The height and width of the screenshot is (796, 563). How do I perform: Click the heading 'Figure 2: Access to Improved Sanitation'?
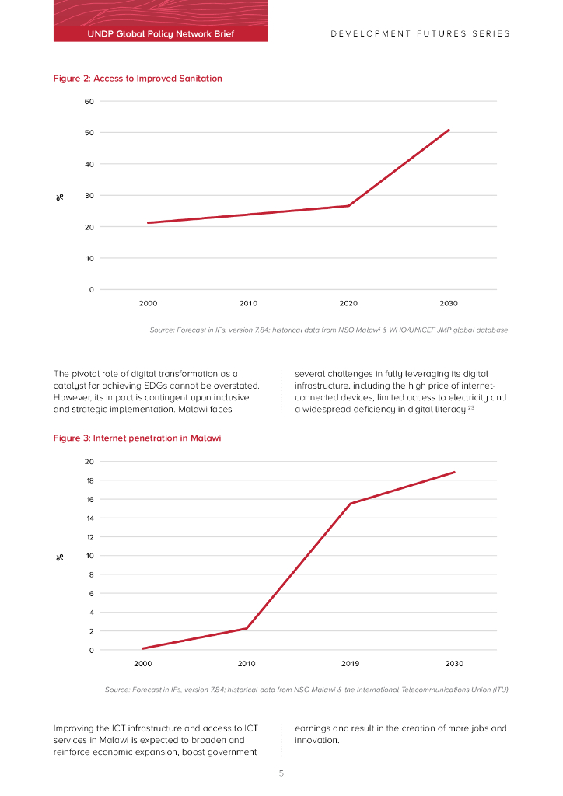(138, 79)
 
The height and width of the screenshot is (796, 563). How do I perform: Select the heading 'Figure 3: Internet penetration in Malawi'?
(137, 438)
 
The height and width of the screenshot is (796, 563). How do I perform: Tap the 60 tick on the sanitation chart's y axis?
(89, 102)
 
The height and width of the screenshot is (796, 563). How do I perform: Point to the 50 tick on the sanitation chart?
(89, 133)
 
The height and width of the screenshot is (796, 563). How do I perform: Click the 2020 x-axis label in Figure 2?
(348, 303)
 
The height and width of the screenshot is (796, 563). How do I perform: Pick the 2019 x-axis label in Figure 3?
(350, 664)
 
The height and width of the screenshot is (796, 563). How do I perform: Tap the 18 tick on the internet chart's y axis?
(89, 480)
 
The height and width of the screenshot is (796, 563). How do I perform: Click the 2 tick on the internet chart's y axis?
(91, 631)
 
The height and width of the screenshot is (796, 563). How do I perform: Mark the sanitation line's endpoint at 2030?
(449, 130)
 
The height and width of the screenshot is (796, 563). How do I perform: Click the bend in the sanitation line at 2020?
(348, 206)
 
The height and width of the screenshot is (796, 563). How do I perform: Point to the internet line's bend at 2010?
(247, 628)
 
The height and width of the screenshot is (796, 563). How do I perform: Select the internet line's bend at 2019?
(350, 504)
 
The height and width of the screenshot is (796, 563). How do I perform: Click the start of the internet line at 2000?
(143, 648)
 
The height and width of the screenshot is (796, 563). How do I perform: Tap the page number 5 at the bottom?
(281, 773)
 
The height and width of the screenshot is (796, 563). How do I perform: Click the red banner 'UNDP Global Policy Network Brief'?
(161, 34)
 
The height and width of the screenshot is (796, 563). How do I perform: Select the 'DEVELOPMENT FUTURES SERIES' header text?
(420, 34)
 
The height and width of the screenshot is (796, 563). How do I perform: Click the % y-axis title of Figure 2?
(59, 197)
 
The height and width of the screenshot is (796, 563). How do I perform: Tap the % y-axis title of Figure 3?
(59, 557)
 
